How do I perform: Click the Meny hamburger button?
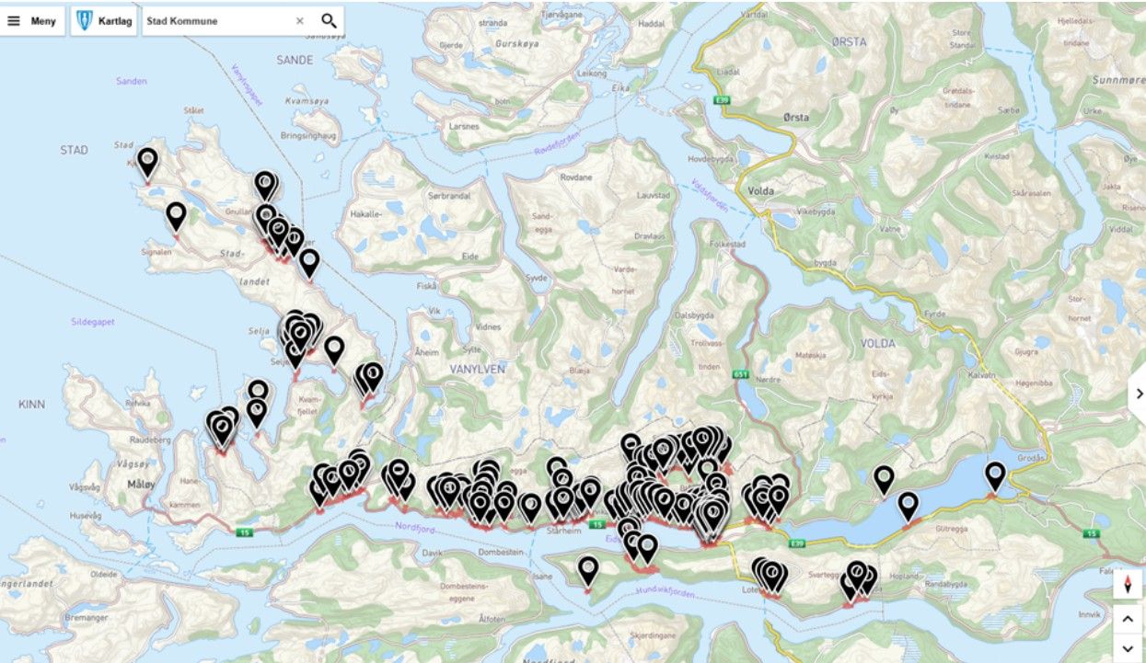click(31, 21)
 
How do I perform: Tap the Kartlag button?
click(103, 21)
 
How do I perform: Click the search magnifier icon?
click(329, 21)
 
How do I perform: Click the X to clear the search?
click(299, 21)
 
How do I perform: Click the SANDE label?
click(295, 60)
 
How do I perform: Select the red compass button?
click(1127, 584)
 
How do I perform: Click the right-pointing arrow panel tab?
click(1138, 394)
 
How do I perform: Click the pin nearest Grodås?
click(994, 475)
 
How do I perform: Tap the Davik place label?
click(433, 554)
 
